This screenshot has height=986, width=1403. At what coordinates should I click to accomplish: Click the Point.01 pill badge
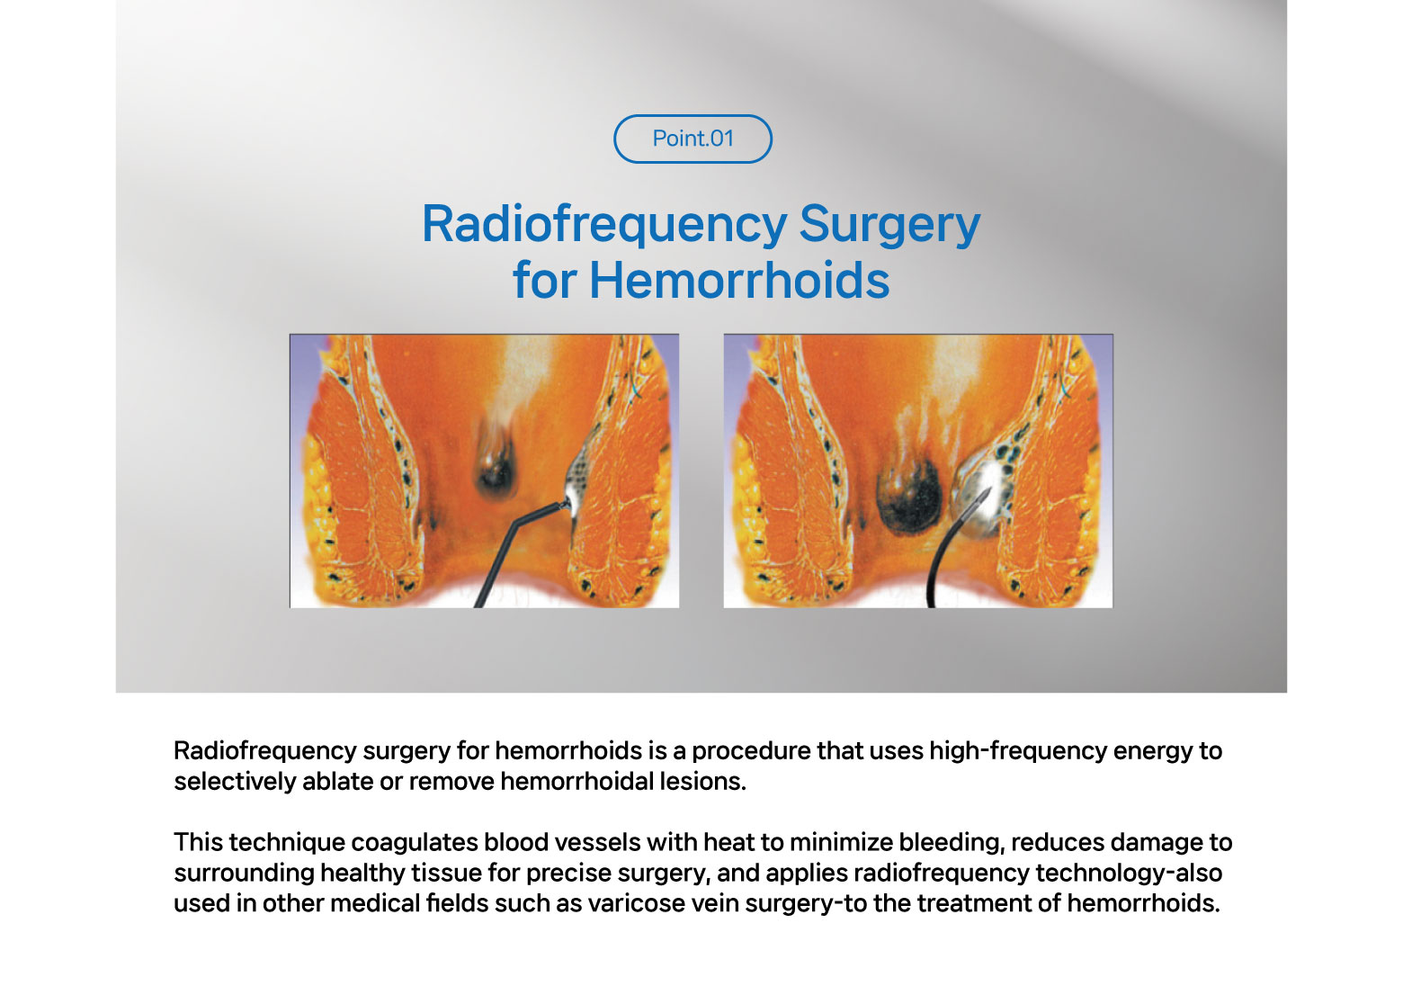693,139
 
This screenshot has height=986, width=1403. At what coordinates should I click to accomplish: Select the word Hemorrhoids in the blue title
739,280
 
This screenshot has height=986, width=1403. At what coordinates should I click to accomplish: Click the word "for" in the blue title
544,280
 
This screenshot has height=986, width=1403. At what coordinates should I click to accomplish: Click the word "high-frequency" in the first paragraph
1018,751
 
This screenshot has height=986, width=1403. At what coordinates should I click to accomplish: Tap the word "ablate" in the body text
337,781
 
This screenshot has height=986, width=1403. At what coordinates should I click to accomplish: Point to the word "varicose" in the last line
637,903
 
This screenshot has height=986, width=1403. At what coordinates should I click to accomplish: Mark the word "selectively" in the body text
235,781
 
